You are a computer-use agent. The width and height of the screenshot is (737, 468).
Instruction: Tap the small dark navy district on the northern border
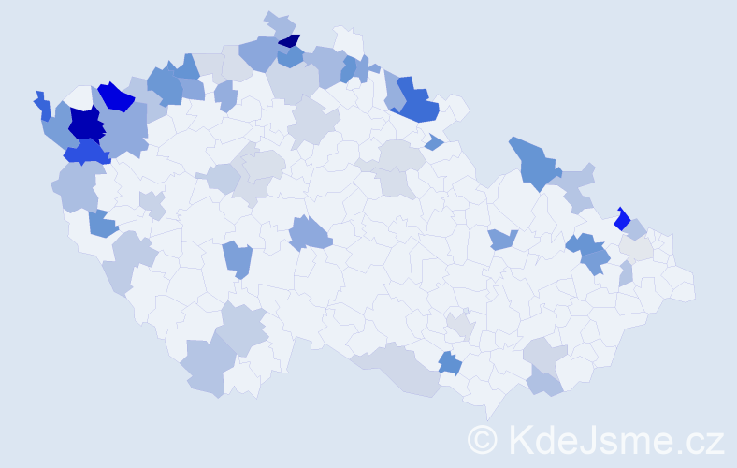(x=291, y=41)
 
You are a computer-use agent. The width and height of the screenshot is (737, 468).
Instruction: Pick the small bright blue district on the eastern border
(x=620, y=220)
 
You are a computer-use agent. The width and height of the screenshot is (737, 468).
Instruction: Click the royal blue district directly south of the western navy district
(x=87, y=152)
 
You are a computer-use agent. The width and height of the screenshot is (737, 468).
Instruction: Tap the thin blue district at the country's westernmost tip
(x=42, y=106)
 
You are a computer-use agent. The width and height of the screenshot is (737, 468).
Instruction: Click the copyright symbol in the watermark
(x=483, y=439)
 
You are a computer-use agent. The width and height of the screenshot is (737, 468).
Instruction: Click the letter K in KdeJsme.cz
(x=518, y=439)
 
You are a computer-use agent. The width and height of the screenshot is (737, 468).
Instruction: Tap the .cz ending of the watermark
(x=701, y=440)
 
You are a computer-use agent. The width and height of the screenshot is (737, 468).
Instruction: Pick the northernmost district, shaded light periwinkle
(x=279, y=22)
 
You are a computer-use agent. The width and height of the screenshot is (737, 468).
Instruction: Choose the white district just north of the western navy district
(x=81, y=97)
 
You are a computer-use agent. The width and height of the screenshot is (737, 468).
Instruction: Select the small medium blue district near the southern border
(x=450, y=362)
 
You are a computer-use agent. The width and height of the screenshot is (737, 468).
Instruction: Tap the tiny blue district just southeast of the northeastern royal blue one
(x=433, y=142)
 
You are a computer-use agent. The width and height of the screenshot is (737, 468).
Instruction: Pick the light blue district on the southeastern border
(x=545, y=382)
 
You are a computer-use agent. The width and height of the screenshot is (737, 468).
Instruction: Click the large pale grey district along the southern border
(x=402, y=370)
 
